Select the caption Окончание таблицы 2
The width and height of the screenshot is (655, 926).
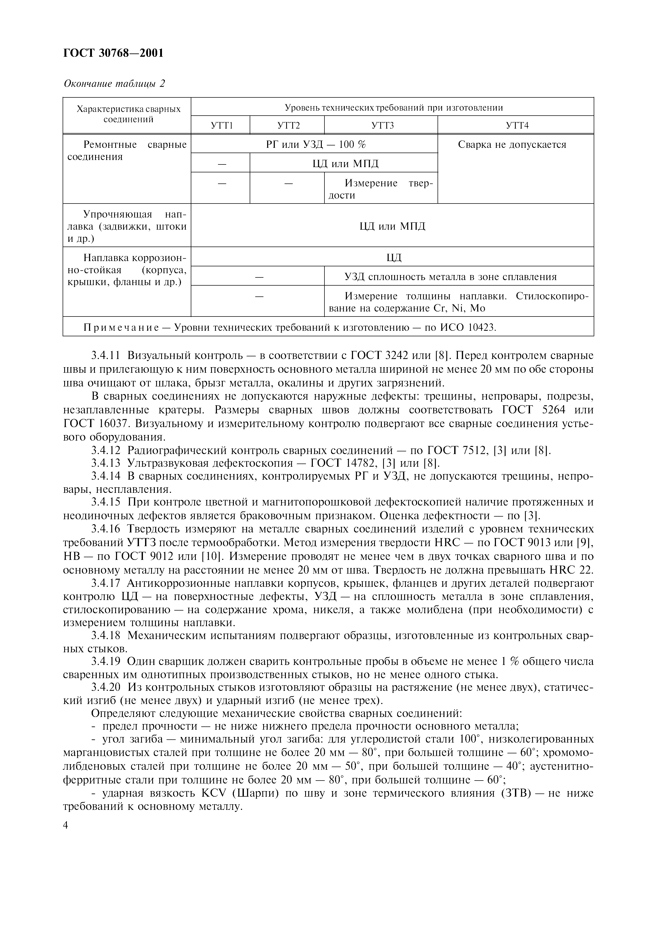pyautogui.click(x=115, y=83)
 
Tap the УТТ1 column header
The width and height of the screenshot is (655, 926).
pyautogui.click(x=220, y=125)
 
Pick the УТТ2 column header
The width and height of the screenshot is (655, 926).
pyautogui.click(x=287, y=125)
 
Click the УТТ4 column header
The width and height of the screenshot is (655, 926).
pyautogui.click(x=515, y=125)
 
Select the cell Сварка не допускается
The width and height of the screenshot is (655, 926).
pyautogui.click(x=512, y=145)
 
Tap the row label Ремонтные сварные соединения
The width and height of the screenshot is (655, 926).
pyautogui.click(x=126, y=150)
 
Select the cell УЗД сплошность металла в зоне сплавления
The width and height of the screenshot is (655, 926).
pyautogui.click(x=450, y=277)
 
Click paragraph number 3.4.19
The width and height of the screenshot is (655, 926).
pyautogui.click(x=106, y=662)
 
